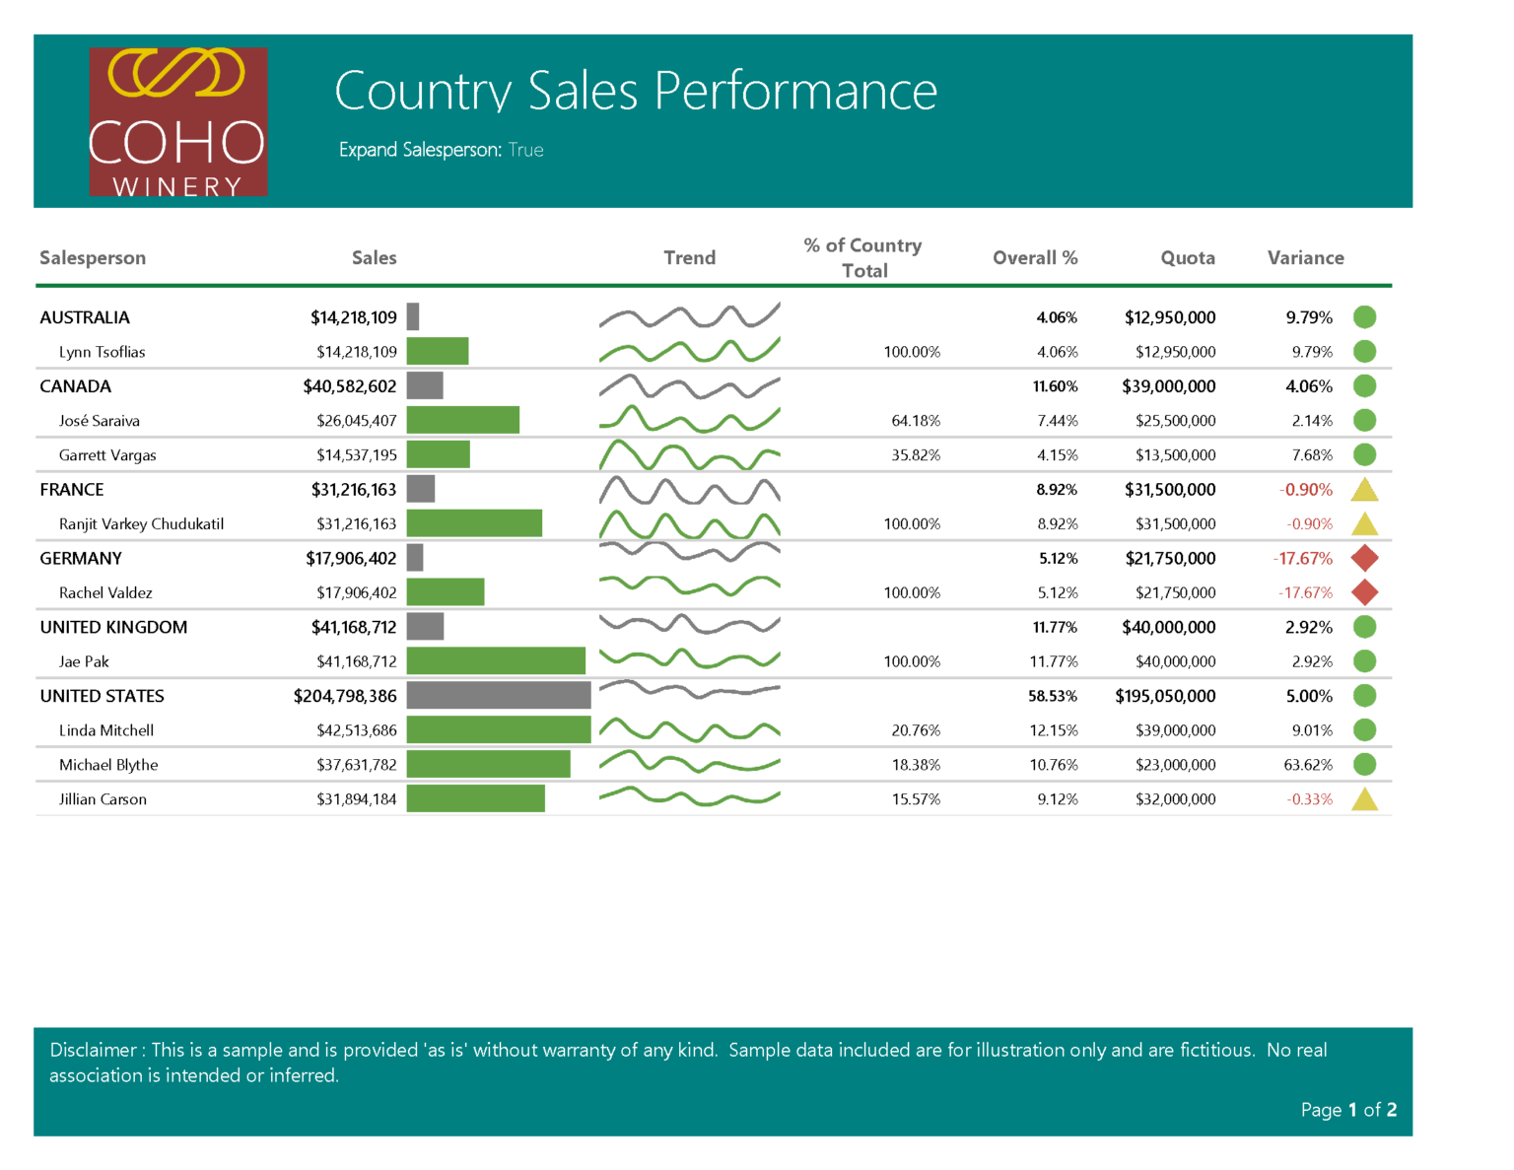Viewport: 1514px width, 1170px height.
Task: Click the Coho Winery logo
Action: (x=177, y=121)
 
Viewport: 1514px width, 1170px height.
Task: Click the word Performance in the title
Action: (x=795, y=91)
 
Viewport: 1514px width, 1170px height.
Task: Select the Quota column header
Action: (x=1187, y=257)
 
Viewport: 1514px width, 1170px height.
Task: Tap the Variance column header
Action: (x=1305, y=257)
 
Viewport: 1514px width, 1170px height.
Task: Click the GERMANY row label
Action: (x=81, y=558)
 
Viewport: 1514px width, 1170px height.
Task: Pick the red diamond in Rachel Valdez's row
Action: (x=1364, y=592)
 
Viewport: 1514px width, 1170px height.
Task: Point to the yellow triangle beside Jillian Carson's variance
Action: (x=1364, y=799)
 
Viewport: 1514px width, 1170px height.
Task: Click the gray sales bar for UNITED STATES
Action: (x=498, y=696)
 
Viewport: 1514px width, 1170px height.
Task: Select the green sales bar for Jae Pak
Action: (x=496, y=661)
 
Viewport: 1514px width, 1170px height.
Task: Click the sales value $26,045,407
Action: (x=356, y=421)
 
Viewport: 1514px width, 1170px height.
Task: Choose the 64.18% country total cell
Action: (x=916, y=421)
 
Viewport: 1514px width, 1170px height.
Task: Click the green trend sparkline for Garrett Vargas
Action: (x=689, y=455)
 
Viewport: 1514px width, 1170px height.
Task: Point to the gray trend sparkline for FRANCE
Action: (x=689, y=490)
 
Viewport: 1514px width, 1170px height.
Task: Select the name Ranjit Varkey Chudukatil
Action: (x=141, y=524)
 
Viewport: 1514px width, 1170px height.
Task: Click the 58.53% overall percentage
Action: (x=1053, y=696)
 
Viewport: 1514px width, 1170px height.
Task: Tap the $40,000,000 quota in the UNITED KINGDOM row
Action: (x=1168, y=627)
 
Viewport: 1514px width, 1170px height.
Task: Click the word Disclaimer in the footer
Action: (x=93, y=1050)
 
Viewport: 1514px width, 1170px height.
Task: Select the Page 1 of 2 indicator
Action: (x=1347, y=1110)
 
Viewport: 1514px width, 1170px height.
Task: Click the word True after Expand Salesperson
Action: (x=525, y=150)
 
